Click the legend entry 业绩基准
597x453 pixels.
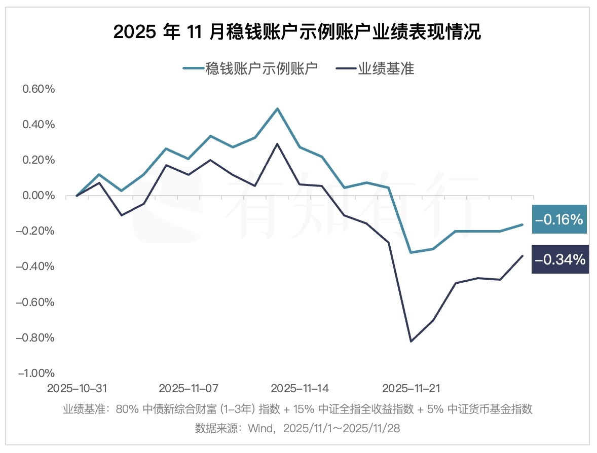click(376, 68)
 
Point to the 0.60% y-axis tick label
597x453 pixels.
click(39, 89)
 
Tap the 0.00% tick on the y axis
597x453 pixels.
click(39, 196)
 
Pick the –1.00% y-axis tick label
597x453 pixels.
click(36, 373)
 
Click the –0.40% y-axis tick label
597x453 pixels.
click(36, 267)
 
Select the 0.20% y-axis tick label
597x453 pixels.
click(39, 160)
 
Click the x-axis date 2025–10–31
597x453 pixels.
click(77, 389)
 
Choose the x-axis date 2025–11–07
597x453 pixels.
click(189, 389)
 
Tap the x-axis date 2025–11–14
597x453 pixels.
click(300, 389)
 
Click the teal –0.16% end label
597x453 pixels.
click(559, 219)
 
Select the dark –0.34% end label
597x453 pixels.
click(560, 259)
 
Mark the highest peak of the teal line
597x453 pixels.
click(277, 108)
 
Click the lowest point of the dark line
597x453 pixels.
click(411, 342)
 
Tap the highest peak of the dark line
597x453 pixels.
click(277, 143)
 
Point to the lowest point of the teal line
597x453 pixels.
click(411, 252)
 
